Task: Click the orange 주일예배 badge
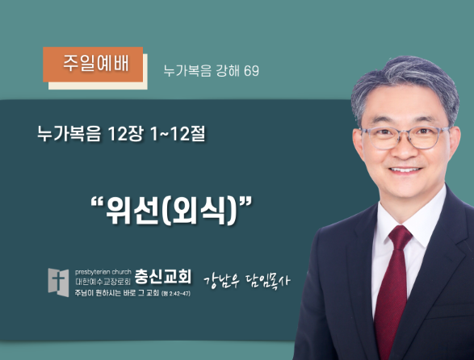(x=93, y=65)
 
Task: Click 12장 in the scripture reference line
(x=125, y=134)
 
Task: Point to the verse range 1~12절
(x=178, y=134)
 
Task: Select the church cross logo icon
(x=58, y=283)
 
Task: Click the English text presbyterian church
(x=103, y=272)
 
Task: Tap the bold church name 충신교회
(x=163, y=277)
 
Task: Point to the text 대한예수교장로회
(x=103, y=282)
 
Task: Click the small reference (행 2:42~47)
(x=176, y=293)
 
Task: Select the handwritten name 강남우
(x=221, y=281)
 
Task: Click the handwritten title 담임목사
(x=268, y=281)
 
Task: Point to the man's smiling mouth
(x=405, y=170)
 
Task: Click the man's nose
(x=405, y=149)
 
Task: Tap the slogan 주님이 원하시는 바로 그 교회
(x=117, y=293)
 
